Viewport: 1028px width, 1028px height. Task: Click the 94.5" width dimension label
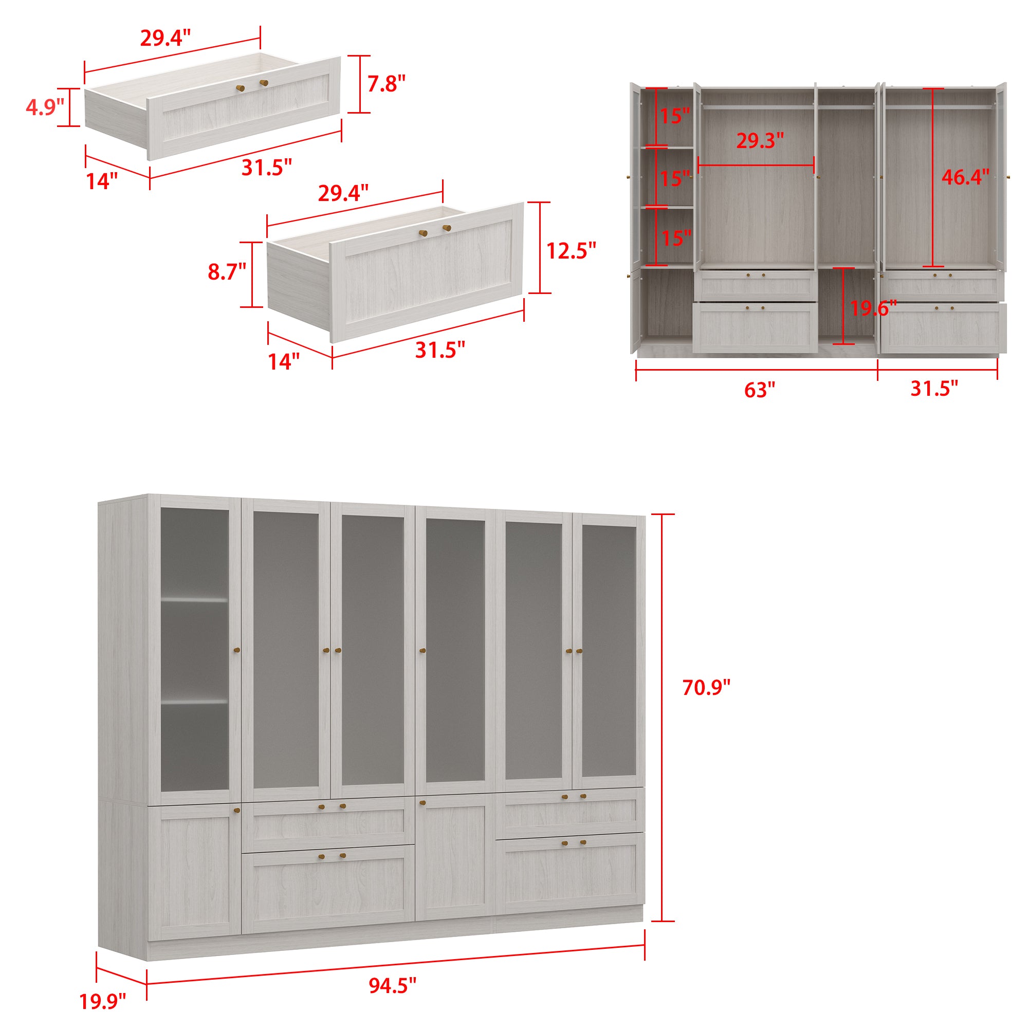392,985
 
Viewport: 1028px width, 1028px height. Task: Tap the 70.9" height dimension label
706,688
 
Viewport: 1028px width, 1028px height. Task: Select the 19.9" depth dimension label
103,1001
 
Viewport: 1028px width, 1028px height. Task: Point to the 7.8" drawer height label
387,84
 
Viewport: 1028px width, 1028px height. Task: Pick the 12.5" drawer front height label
571,251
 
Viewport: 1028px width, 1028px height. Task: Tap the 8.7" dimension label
227,272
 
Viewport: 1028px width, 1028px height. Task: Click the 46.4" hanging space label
965,177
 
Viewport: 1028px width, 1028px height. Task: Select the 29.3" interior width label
760,141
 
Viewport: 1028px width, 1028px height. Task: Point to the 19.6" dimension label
873,308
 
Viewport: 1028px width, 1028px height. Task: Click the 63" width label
759,390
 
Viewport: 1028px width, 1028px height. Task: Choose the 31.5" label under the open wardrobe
934,389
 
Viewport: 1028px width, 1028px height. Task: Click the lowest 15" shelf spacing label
676,238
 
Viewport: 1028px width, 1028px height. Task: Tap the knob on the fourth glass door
423,650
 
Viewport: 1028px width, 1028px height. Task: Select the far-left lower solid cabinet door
195,873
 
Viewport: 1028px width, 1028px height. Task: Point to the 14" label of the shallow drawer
102,181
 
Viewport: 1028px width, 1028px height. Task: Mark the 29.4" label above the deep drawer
343,193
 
